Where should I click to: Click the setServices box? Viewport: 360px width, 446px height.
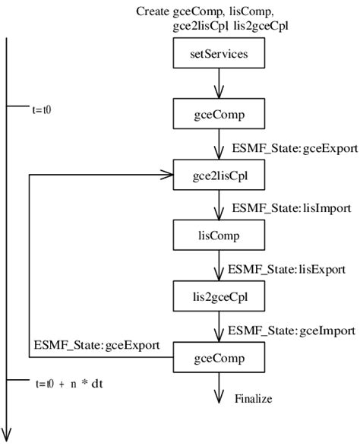pos(218,55)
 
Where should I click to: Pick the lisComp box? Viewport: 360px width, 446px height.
pos(218,235)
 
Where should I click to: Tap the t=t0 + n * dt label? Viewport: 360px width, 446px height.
pos(69,383)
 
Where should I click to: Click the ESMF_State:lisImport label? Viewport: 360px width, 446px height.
pos(293,207)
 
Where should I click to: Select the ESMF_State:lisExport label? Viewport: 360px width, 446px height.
pos(287,268)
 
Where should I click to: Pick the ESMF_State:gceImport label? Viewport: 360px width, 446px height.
pos(292,331)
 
